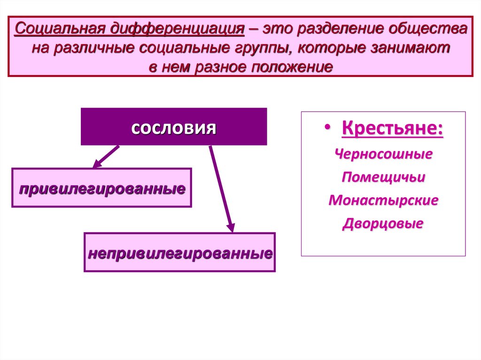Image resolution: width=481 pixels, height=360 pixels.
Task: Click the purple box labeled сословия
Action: (174, 127)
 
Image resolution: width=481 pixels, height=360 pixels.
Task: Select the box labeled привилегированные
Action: (101, 188)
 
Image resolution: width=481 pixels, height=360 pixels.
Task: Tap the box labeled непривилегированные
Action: (179, 253)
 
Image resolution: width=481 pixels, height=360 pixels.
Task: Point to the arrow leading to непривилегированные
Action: (221, 188)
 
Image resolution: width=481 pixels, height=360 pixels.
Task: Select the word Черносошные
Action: (383, 154)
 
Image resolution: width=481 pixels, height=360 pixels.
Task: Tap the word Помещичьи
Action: (383, 177)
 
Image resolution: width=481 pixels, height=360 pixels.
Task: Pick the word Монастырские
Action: (383, 200)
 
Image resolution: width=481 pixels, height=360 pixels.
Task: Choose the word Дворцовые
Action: (383, 223)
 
